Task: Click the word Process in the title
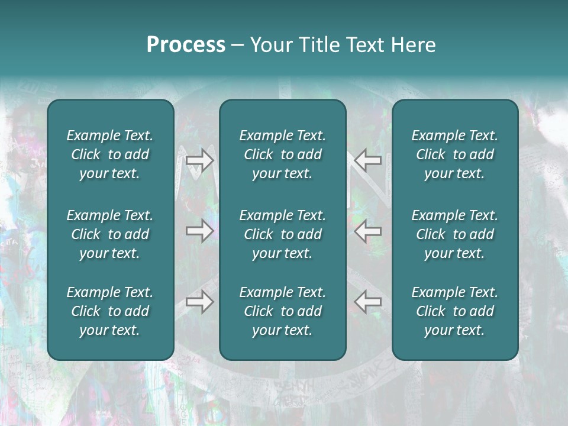[x=186, y=45]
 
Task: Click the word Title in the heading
[x=317, y=45]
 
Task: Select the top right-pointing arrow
[x=200, y=160]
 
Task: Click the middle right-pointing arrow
[x=200, y=230]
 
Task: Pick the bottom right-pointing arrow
[x=200, y=302]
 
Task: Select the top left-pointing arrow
[x=368, y=160]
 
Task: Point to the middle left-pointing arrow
[x=368, y=230]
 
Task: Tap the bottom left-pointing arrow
[x=368, y=302]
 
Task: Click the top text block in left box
[x=110, y=154]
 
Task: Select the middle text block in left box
[x=110, y=234]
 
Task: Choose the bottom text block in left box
[x=110, y=311]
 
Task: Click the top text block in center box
[x=283, y=154]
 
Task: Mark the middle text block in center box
[x=283, y=234]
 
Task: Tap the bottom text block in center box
[x=283, y=311]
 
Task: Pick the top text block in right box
[x=455, y=154]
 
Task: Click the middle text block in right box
[x=455, y=234]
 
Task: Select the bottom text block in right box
[x=455, y=311]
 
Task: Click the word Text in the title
[x=365, y=45]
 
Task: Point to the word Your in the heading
[x=269, y=45]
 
